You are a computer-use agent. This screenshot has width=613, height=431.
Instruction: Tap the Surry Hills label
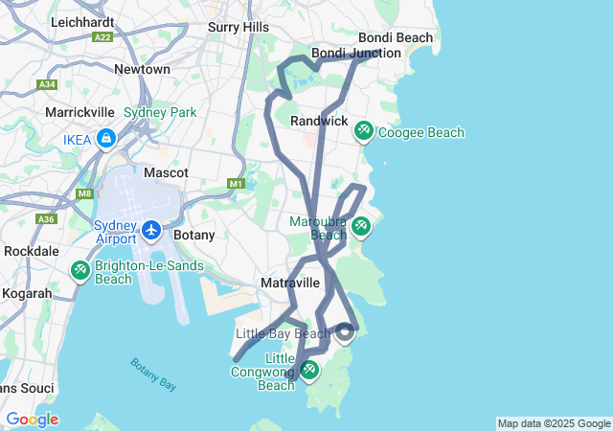(238, 28)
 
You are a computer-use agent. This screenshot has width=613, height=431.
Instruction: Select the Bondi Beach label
(395, 37)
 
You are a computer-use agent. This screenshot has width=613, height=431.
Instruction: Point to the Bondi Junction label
(356, 53)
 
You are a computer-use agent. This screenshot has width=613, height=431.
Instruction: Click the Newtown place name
(142, 69)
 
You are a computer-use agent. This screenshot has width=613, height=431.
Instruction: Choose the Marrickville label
(80, 112)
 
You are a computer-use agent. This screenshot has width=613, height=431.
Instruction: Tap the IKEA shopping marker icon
(104, 139)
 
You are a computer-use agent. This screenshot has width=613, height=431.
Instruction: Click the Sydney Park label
(160, 112)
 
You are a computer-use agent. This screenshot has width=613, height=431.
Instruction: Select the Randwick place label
(319, 121)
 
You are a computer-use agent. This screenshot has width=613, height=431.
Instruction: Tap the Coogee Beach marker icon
(364, 130)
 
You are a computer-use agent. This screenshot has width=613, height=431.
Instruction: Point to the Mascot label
(166, 172)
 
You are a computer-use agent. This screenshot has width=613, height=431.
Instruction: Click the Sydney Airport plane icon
(151, 231)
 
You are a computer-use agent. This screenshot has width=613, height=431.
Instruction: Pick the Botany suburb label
(193, 234)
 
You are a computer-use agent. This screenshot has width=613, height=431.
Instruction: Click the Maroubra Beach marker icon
(360, 226)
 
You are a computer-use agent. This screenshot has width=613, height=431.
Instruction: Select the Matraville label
(289, 283)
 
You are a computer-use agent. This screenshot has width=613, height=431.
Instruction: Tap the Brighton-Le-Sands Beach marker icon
(80, 272)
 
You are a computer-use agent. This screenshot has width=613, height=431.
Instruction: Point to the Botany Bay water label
(153, 373)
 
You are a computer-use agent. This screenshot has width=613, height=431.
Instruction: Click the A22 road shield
(102, 36)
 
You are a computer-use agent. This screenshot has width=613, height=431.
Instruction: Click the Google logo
(32, 420)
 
